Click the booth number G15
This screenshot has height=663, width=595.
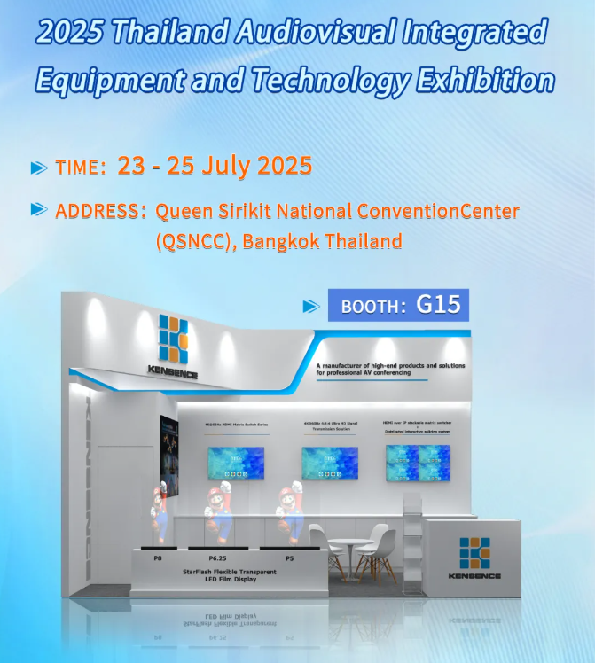coord(438,304)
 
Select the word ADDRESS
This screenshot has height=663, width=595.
coord(97,212)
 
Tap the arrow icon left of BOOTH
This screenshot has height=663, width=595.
coord(311,306)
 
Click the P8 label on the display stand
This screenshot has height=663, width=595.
coord(158,558)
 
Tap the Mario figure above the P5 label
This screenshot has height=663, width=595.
coord(289,509)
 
